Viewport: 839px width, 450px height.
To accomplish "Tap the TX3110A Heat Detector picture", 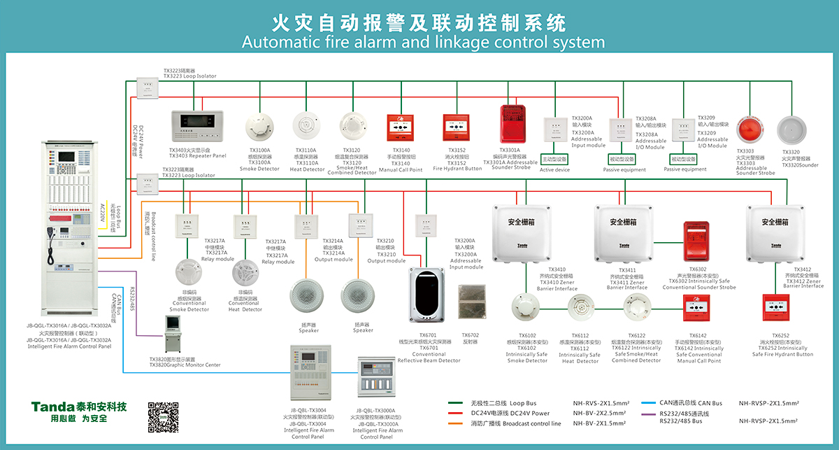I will (308, 127).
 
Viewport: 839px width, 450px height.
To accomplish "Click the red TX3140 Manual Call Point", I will (401, 128).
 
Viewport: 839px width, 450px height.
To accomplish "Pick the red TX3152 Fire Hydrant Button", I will (458, 129).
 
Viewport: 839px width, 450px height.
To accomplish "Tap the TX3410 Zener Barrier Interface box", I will (523, 232).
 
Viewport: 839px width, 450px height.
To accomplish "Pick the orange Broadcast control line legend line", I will (457, 423).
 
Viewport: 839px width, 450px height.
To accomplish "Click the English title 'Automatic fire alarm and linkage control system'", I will (423, 42).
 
